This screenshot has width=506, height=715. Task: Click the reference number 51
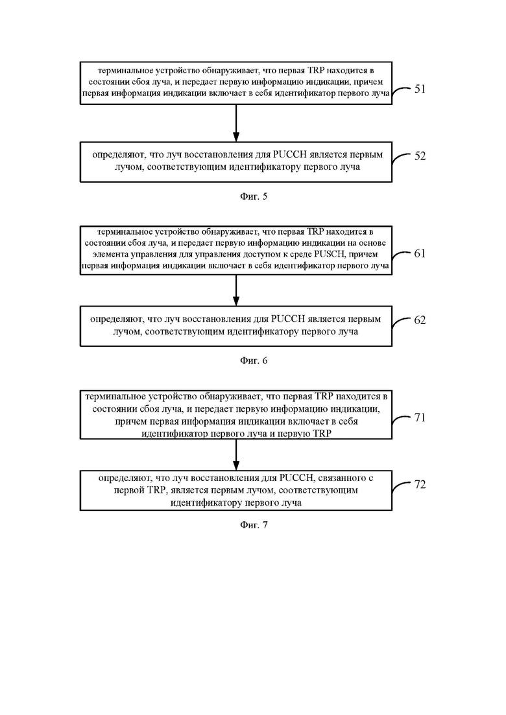(420, 88)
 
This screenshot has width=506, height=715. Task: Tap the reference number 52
(420, 156)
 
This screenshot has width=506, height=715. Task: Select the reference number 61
(420, 253)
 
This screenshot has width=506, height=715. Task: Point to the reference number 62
(420, 320)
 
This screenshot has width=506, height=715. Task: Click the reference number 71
(420, 417)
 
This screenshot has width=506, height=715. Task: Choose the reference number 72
(420, 484)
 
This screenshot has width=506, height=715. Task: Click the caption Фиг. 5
(254, 196)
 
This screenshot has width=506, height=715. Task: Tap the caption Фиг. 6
(254, 360)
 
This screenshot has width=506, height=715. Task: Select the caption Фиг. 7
(254, 525)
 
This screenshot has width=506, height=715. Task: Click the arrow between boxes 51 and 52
(236, 123)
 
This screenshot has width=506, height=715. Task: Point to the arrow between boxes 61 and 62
(236, 290)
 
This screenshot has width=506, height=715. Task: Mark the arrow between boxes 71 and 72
(236, 454)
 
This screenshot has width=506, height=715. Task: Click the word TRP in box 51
(317, 71)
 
